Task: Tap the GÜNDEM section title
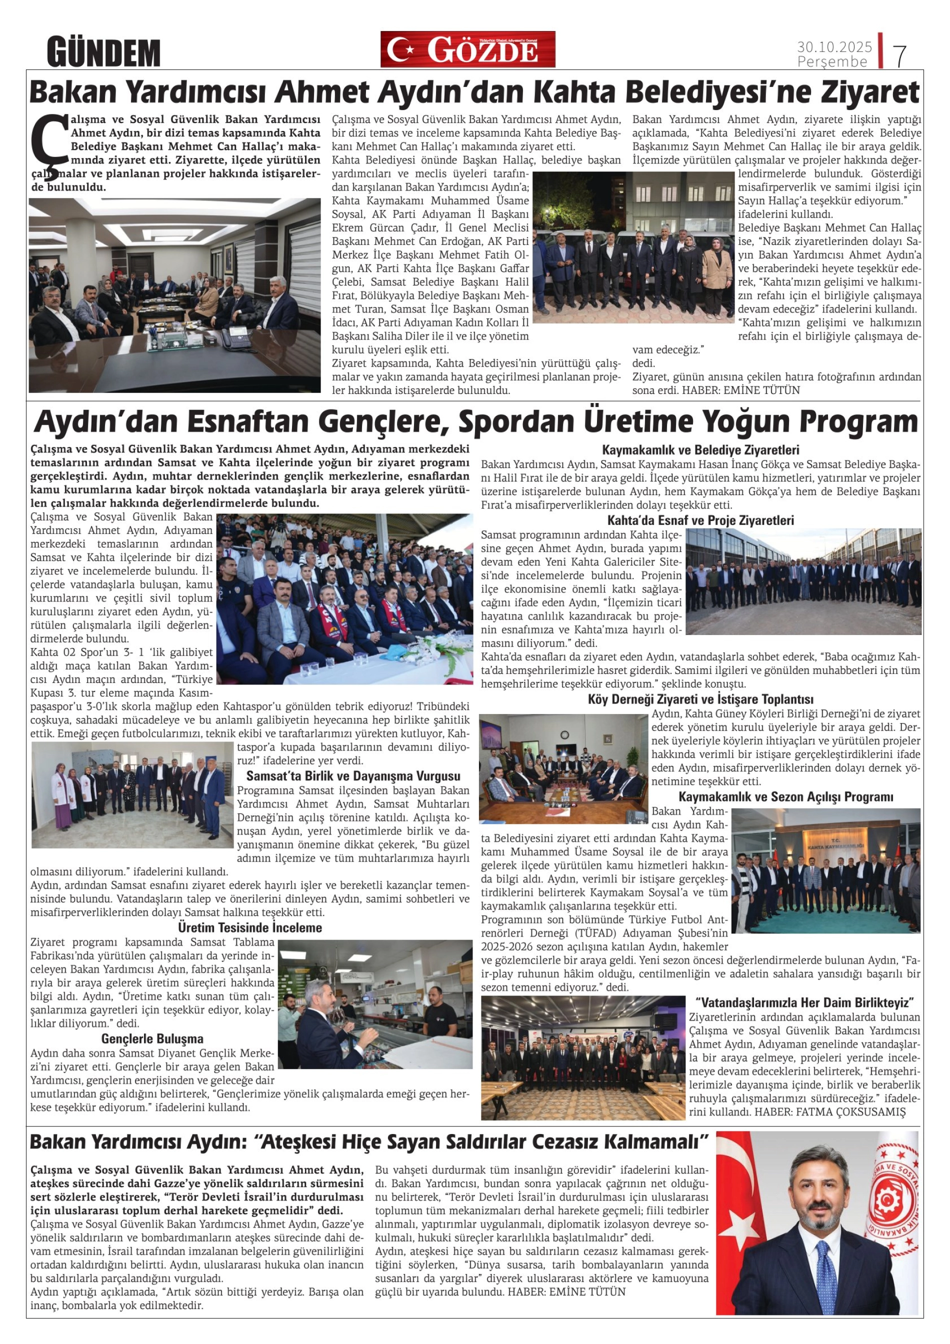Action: pos(103,52)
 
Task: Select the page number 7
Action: pos(899,55)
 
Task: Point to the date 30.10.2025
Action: pos(834,46)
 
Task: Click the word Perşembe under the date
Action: pos(832,61)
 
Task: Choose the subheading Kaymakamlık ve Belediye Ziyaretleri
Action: pos(700,450)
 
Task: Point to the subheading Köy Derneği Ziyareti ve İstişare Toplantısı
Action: pos(700,699)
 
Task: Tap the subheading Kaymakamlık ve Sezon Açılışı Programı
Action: pos(785,796)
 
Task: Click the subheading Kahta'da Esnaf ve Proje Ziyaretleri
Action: pos(700,520)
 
